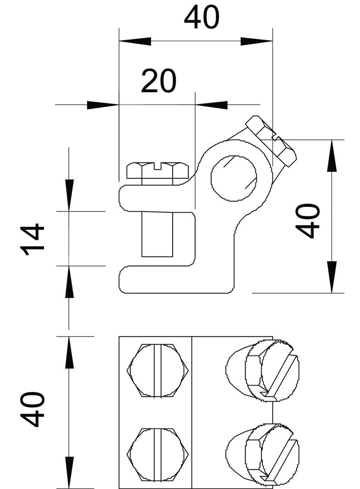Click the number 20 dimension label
click(158, 81)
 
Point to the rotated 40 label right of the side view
click(308, 221)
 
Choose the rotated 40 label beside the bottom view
click(33, 409)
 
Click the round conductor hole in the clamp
click(234, 178)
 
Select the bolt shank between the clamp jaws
click(157, 234)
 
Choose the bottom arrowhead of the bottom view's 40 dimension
click(69, 472)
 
